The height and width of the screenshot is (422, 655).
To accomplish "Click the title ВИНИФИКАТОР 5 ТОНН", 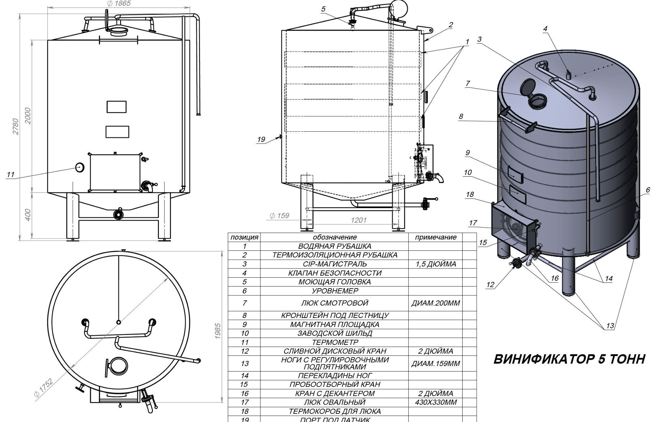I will [569, 359].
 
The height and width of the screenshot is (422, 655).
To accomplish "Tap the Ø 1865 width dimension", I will [118, 4].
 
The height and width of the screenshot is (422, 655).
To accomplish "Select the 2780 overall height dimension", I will [16, 126].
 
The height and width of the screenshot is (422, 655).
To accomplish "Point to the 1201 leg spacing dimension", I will [359, 220].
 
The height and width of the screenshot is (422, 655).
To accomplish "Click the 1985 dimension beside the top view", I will [218, 331].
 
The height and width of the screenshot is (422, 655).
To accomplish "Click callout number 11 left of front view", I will [11, 175].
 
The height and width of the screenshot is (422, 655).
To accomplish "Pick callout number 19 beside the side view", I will [261, 139].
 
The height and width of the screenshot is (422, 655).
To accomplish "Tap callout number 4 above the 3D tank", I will [545, 29].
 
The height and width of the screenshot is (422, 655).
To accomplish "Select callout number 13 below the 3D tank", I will [610, 326].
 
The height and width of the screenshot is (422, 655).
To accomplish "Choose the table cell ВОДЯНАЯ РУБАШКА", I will [334, 246].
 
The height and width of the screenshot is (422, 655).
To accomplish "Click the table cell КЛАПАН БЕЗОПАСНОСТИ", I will [334, 273].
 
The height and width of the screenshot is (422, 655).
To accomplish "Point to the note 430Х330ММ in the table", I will [436, 402].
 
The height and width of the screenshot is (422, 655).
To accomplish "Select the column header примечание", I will [436, 237].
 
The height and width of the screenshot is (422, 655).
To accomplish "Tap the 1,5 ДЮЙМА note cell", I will [436, 264].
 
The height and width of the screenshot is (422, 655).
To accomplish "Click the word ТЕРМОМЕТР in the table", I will [334, 342].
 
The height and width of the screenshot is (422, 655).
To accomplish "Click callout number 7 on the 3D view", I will [468, 83].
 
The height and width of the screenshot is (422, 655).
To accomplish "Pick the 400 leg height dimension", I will [28, 215].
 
